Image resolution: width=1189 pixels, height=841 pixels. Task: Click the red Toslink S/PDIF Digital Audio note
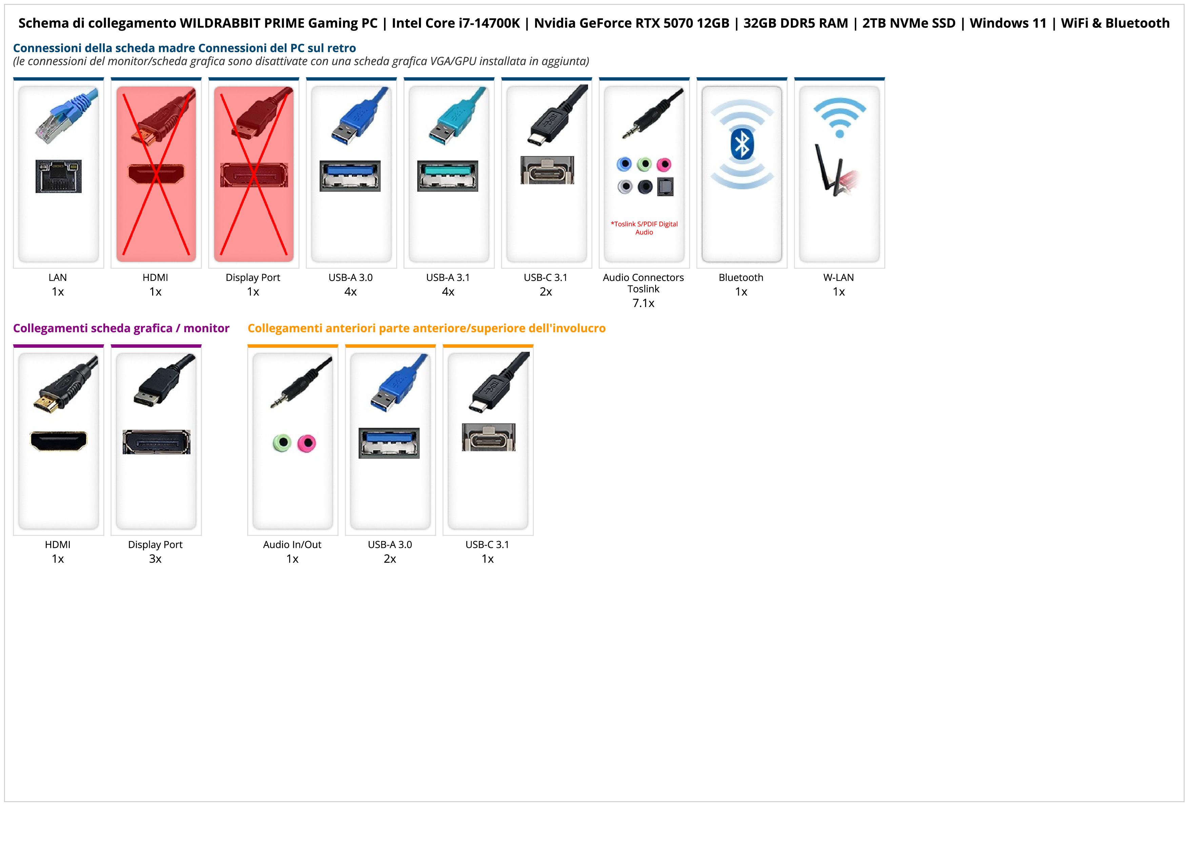pyautogui.click(x=644, y=228)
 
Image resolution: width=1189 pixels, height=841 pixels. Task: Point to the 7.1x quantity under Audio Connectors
pyautogui.click(x=643, y=303)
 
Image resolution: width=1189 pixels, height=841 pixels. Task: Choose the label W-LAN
pyautogui.click(x=839, y=277)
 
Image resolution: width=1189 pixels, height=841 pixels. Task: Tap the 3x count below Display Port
pyautogui.click(x=155, y=559)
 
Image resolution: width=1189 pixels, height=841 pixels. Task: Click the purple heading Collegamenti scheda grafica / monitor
pyautogui.click(x=121, y=328)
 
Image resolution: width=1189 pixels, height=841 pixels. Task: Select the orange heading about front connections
pyautogui.click(x=426, y=328)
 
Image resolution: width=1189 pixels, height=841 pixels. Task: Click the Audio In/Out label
pyautogui.click(x=292, y=544)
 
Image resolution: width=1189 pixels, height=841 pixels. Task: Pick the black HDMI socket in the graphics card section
pyautogui.click(x=59, y=441)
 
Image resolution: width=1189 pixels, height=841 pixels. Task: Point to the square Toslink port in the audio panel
pyautogui.click(x=665, y=187)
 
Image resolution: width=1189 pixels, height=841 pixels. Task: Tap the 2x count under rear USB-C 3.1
pyautogui.click(x=546, y=292)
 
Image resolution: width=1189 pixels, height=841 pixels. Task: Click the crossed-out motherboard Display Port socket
pyautogui.click(x=254, y=175)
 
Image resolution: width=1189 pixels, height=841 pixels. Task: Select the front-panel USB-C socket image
pyautogui.click(x=488, y=437)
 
